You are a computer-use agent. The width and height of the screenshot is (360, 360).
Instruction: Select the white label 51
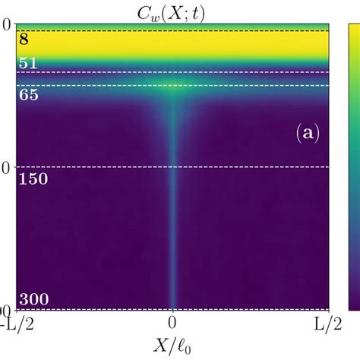tap(28, 63)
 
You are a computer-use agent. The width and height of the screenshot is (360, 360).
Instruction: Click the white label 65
tap(28, 96)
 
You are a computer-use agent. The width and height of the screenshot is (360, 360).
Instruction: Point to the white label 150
tap(33, 179)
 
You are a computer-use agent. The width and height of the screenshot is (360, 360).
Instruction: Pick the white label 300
tap(33, 298)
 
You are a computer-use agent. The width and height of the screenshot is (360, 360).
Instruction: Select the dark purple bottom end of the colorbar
tap(354, 304)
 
